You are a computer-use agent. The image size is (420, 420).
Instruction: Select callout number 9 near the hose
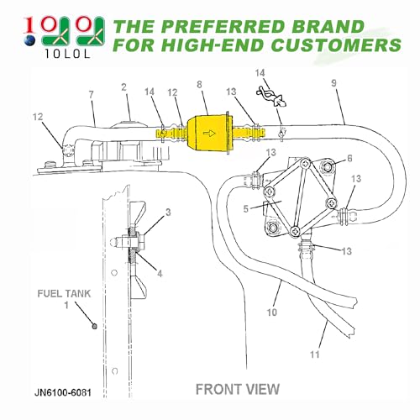coord(333,84)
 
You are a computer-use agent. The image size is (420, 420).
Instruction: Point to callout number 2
coord(123,87)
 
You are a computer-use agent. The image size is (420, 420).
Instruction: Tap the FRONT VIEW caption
coord(238,389)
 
